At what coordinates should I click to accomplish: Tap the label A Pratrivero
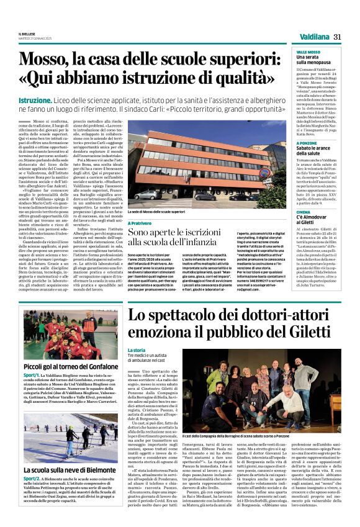(142, 222)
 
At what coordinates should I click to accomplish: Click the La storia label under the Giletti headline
(136, 350)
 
